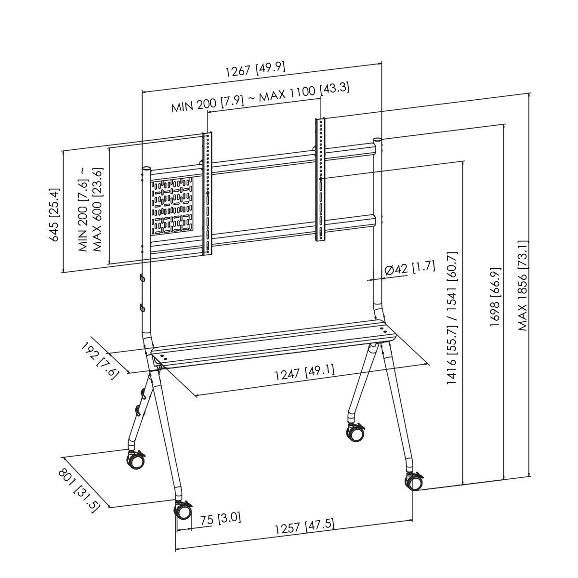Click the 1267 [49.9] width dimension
pyautogui.click(x=255, y=69)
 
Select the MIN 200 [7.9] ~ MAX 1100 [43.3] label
pyautogui.click(x=260, y=98)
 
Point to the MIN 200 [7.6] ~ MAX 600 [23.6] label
pyautogui.click(x=91, y=210)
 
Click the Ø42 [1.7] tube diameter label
pyautogui.click(x=410, y=269)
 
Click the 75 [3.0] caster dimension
pyautogui.click(x=220, y=519)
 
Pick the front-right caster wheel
pyautogui.click(x=414, y=481)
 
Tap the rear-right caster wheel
pyautogui.click(x=355, y=432)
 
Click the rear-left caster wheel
pyautogui.click(x=135, y=460)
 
